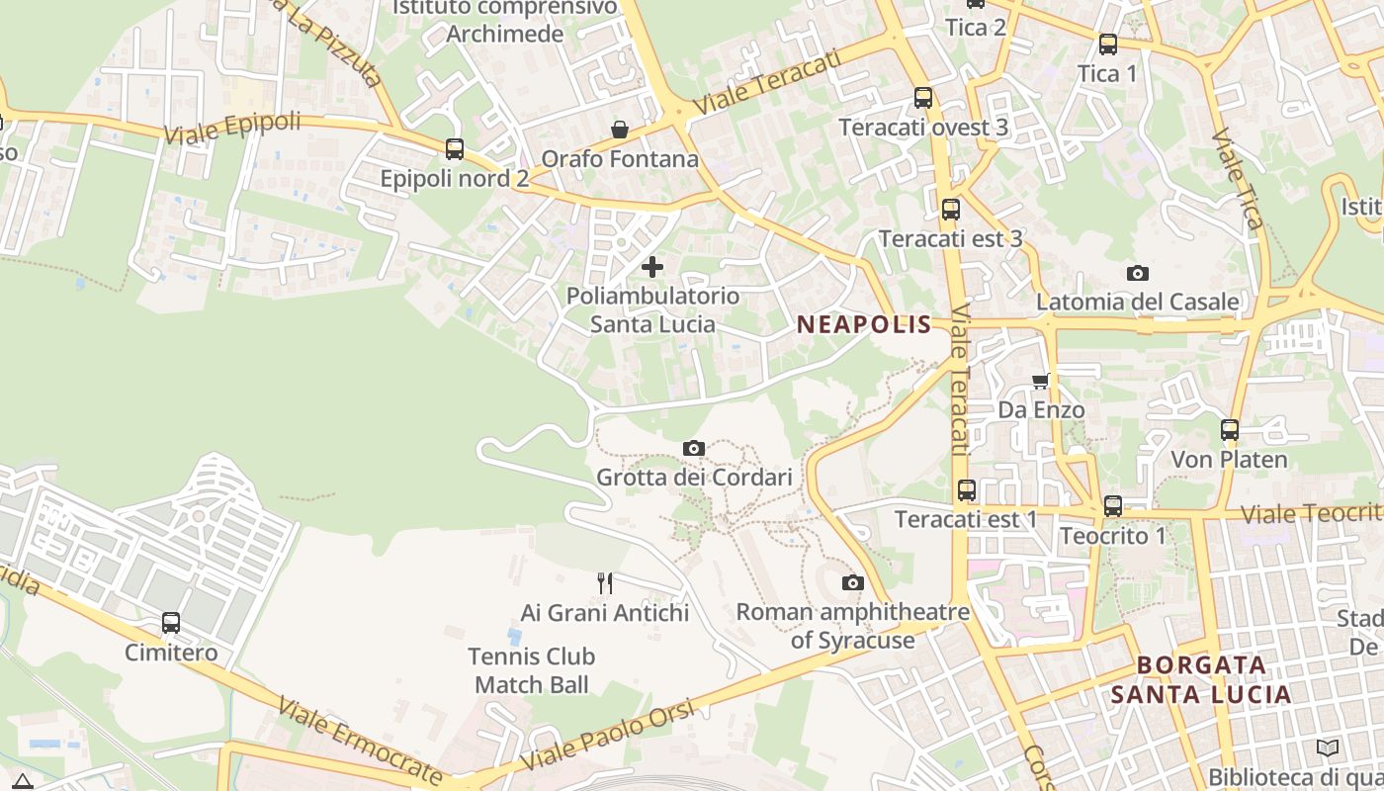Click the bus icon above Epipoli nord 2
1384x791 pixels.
(x=455, y=149)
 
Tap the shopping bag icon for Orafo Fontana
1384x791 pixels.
(x=620, y=130)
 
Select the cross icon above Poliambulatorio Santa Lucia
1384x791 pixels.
(x=652, y=266)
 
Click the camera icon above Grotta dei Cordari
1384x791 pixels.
(x=694, y=449)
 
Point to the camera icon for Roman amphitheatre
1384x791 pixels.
(x=853, y=582)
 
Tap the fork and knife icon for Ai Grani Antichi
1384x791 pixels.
(x=605, y=583)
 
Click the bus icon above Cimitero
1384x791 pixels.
(x=171, y=623)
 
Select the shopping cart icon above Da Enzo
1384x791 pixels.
(x=1040, y=381)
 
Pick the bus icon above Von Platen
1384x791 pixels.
(x=1230, y=430)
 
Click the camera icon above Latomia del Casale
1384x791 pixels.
(x=1138, y=273)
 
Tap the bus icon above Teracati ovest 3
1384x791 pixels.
(x=923, y=98)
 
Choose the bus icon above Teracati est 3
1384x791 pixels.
(x=951, y=210)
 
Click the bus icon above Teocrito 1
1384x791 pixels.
(x=1113, y=506)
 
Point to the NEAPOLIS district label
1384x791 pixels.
(x=864, y=324)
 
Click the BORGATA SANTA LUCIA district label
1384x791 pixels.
(x=1201, y=679)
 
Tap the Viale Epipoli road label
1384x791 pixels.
(x=232, y=128)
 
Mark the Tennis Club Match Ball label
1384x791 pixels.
(x=532, y=670)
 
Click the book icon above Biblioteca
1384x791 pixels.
(x=1328, y=747)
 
